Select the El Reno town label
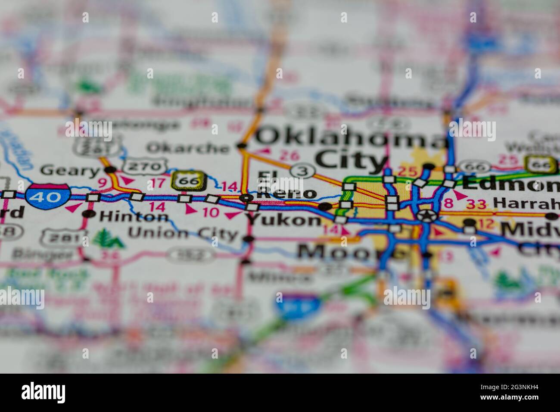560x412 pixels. pos(286,186)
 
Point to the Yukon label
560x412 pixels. pos(284,220)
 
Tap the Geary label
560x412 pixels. pos(70,171)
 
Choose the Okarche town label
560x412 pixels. pos(188,148)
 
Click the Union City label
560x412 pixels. pos(183,234)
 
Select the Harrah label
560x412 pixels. pos(526,202)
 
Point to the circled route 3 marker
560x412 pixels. pos(303,171)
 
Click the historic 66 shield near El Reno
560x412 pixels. pos(190,181)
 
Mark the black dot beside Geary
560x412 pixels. pos(112,169)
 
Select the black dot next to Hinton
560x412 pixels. pos(90,213)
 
